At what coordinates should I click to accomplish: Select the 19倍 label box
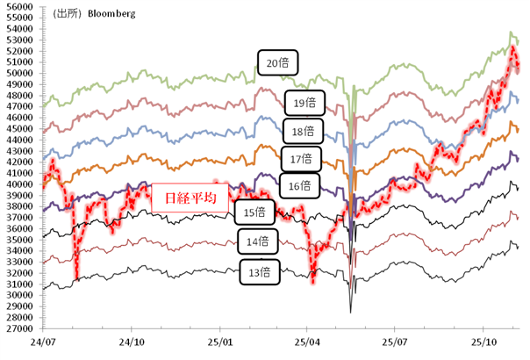[x=305, y=103]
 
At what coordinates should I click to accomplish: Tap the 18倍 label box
[x=305, y=131]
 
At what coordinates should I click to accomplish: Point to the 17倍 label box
[x=301, y=159]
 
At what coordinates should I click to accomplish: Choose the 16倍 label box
[x=300, y=186]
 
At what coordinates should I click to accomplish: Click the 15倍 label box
[x=254, y=212]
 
